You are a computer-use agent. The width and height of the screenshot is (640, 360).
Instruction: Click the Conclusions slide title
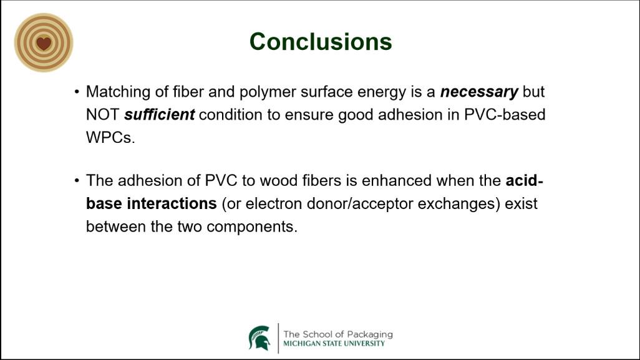321,42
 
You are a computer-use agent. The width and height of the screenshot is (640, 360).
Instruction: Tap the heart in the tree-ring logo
44,43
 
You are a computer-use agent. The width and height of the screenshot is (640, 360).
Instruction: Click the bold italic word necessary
479,92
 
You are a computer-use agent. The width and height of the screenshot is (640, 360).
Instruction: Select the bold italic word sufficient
159,115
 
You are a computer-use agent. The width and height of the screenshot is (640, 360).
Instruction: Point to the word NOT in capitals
102,115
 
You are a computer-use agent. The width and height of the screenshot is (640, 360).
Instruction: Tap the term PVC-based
505,115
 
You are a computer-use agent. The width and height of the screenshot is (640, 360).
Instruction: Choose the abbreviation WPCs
110,137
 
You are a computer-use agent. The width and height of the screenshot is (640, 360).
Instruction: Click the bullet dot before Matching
77,92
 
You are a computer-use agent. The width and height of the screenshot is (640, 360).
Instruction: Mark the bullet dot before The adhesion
77,180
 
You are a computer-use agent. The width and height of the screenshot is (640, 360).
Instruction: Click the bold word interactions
172,203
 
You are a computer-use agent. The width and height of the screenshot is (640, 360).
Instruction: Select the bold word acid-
525,180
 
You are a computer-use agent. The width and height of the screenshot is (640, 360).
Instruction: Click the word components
252,227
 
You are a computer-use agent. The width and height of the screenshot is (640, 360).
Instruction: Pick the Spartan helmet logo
259,338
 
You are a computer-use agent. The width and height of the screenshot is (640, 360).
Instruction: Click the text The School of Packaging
338,334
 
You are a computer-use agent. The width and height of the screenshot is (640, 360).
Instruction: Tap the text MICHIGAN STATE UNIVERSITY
334,344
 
